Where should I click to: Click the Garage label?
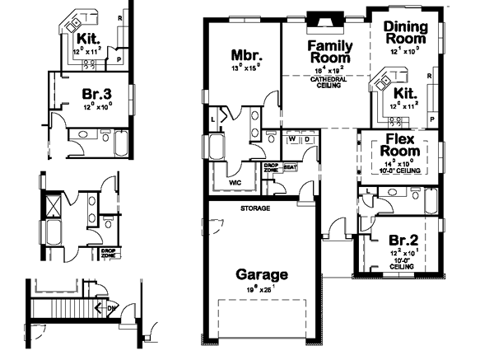coord(262,274)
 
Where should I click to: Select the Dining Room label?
coord(405,32)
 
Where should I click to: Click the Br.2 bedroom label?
coord(405,240)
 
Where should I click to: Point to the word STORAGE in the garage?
coord(254,209)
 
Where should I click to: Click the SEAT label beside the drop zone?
coord(289,168)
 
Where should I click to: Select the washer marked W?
coord(291,140)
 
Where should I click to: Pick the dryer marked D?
coord(306,140)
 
